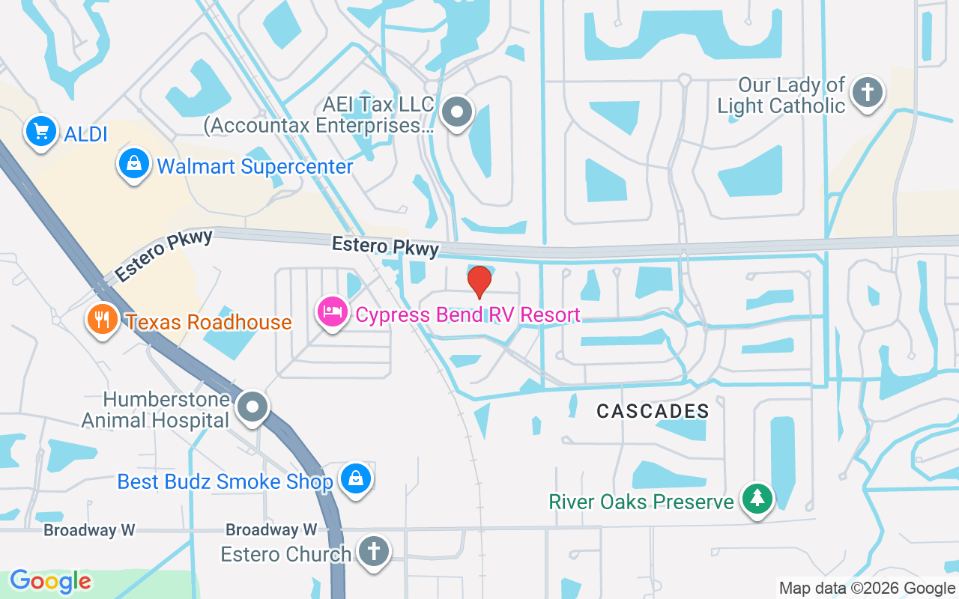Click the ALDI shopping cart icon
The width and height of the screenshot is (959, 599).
tap(41, 132)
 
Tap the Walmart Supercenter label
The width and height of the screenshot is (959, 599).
tap(255, 166)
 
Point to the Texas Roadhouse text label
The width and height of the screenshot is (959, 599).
tap(209, 322)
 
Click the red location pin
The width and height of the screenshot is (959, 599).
tap(479, 281)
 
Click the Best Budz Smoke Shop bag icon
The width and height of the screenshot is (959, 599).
tap(355, 478)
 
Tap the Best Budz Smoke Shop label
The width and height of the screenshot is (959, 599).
tap(225, 481)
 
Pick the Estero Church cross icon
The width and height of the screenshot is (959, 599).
tap(372, 552)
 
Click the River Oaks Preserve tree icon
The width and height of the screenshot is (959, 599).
tap(757, 498)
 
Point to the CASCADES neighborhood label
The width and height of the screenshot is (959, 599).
tap(653, 410)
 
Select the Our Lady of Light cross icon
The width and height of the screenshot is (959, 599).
tap(868, 92)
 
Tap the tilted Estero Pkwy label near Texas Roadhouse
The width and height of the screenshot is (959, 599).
tap(164, 256)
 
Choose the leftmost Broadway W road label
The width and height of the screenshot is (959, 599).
tap(89, 530)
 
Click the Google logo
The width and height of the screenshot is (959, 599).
tap(51, 581)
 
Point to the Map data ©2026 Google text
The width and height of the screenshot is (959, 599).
tap(867, 589)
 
